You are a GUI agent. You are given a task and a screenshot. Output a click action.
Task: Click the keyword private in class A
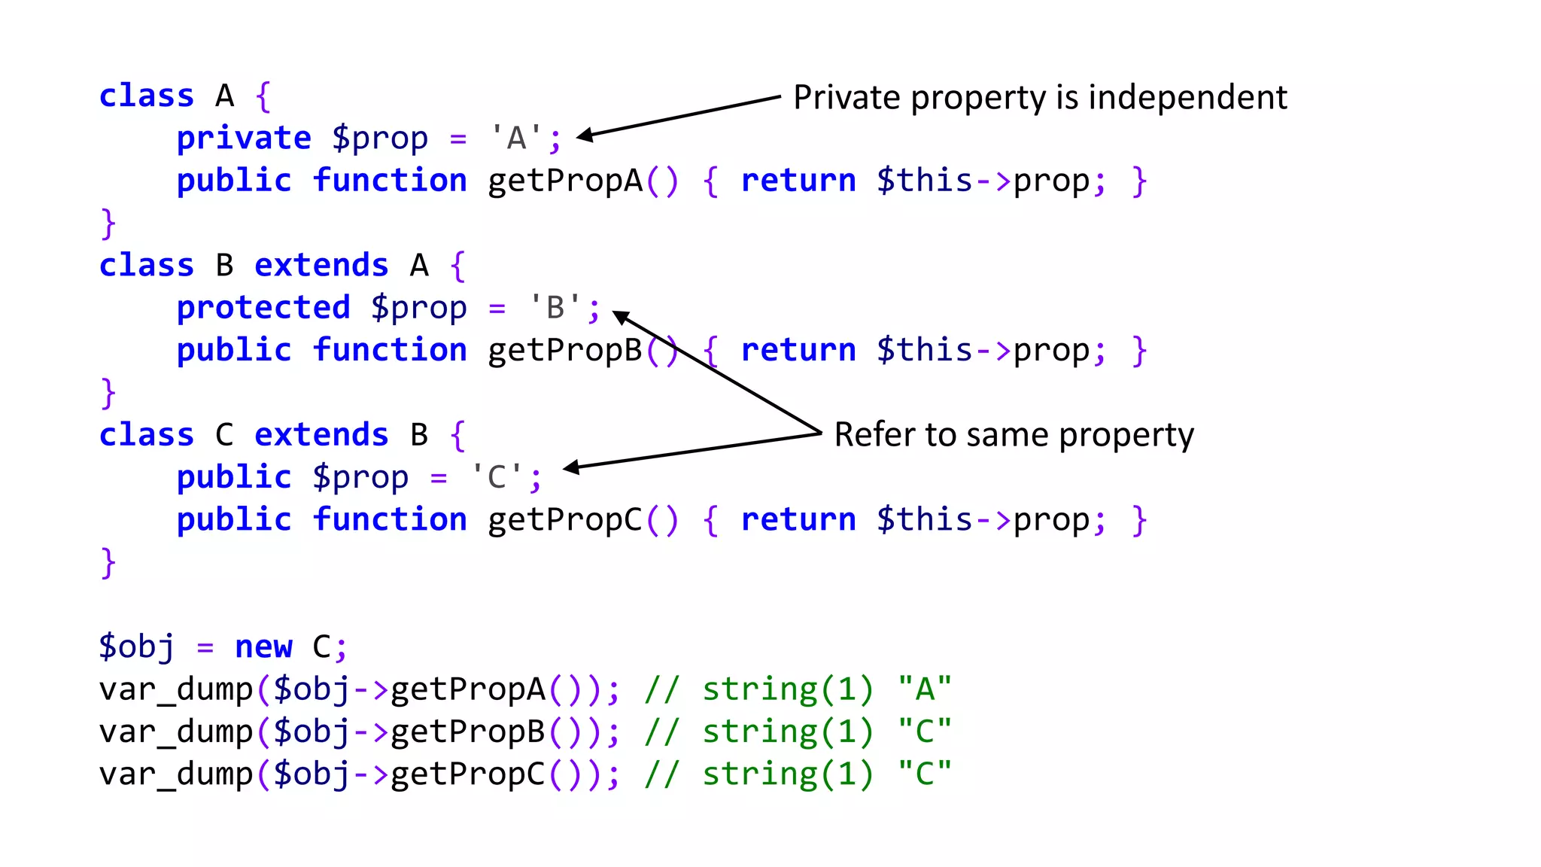click(x=244, y=138)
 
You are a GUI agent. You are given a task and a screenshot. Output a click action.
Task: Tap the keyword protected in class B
click(x=263, y=308)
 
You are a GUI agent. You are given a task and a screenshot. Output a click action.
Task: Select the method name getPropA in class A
click(x=565, y=181)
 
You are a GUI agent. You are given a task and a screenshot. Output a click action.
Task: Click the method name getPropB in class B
click(x=565, y=351)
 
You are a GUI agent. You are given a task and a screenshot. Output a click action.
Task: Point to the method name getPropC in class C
click(x=565, y=520)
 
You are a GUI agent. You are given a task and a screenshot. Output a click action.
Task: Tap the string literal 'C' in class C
click(x=497, y=477)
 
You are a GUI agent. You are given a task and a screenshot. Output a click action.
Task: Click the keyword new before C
click(x=263, y=647)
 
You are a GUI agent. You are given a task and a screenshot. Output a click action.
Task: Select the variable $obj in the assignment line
click(x=136, y=647)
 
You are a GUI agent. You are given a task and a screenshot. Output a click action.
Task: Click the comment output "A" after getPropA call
click(x=925, y=689)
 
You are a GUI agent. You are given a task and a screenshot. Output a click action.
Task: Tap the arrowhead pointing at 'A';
click(x=584, y=135)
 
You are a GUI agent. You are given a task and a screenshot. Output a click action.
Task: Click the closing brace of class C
click(x=108, y=562)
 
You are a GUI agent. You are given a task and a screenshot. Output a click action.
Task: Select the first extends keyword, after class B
click(x=321, y=266)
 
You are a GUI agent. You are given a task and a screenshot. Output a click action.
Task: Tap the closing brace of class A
click(x=108, y=224)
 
